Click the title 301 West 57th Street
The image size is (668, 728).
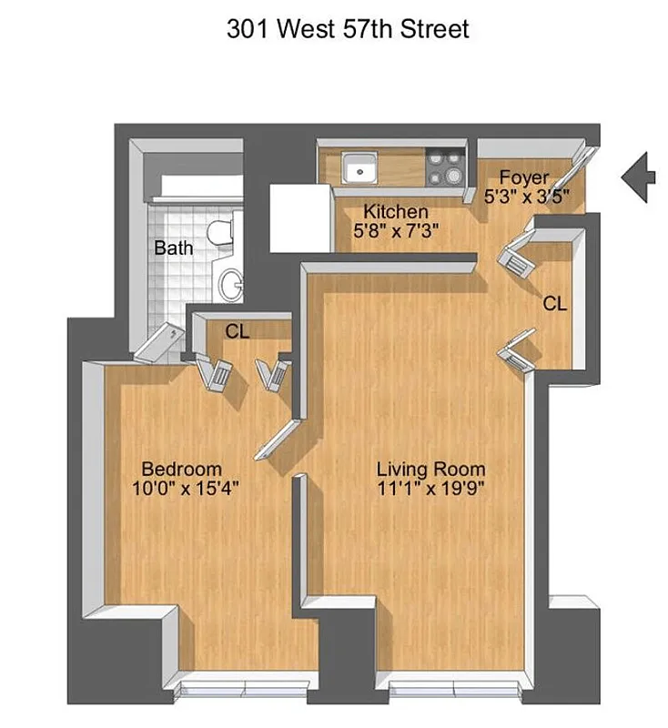tap(348, 28)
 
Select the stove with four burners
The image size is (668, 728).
tap(446, 167)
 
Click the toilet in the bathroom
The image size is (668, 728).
tap(219, 233)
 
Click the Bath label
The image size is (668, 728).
tap(173, 248)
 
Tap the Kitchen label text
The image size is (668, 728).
tap(396, 212)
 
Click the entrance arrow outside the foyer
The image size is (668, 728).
tap(639, 177)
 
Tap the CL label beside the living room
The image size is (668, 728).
tap(554, 304)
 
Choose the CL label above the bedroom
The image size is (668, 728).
tap(238, 332)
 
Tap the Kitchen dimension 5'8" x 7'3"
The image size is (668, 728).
tap(396, 231)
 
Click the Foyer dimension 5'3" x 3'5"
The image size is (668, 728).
tap(529, 196)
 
